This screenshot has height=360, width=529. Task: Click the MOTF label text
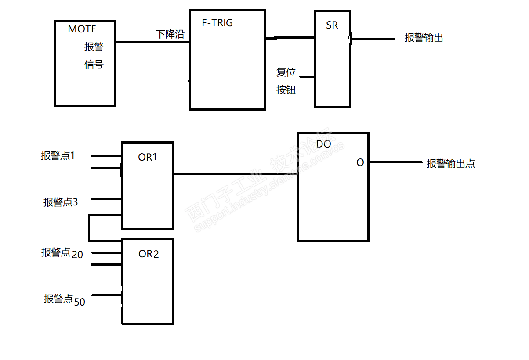pos(82,29)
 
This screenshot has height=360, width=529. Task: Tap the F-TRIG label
pos(217,23)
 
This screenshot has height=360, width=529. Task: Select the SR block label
pos(332,25)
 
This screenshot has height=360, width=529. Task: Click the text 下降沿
pos(170,34)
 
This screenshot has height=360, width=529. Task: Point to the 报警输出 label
pos(424,38)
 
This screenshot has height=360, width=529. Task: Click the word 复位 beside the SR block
pos(286,72)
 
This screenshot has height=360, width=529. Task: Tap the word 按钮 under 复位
pos(286,90)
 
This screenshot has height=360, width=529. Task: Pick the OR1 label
pos(148,157)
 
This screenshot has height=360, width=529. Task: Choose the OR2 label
pos(149,254)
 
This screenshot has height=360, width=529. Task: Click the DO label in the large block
pos(323,144)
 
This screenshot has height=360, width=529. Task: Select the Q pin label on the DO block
pos(360,162)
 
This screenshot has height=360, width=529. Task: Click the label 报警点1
pos(58,156)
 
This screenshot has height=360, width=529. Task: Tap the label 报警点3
pos(61,202)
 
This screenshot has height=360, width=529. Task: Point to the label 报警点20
pos(62,253)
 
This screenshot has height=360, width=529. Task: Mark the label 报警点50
pos(64,300)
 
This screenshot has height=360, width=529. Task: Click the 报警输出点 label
pos(451,164)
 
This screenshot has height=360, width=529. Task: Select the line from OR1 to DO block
pos(236,174)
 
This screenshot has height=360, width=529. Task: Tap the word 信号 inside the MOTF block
pos(94,65)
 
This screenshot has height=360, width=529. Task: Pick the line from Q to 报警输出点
pos(395,162)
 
